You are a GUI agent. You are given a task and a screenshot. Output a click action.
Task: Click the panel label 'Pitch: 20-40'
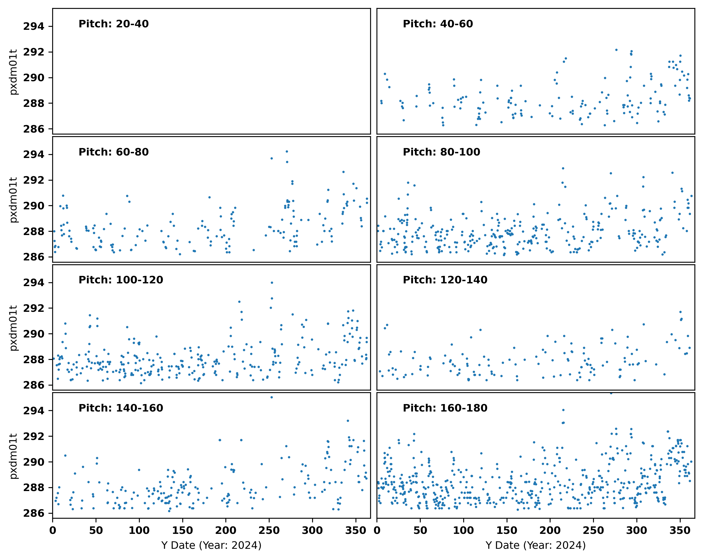114,24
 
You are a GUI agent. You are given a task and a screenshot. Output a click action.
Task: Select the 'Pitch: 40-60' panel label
438,24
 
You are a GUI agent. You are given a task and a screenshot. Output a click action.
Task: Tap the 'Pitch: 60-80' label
114,152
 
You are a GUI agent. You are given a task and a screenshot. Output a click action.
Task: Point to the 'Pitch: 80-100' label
441,152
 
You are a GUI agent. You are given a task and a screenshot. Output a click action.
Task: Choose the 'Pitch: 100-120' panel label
121,280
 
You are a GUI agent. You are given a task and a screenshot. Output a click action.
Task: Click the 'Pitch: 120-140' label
445,280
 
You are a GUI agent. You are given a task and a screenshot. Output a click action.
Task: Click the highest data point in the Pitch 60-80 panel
287,152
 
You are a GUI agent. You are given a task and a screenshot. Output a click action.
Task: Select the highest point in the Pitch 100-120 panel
272,283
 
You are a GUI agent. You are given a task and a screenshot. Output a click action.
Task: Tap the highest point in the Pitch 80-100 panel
563,168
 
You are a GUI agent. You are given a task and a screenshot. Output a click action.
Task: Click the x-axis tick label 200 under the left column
226,530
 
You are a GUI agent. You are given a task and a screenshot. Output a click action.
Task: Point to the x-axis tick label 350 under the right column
680,530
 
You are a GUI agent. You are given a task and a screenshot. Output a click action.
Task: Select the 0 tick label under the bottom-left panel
52,530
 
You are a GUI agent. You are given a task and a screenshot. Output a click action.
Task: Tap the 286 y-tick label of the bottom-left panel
34,513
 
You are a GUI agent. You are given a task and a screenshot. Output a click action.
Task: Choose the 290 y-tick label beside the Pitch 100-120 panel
34,334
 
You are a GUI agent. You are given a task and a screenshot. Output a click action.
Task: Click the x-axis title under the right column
535,545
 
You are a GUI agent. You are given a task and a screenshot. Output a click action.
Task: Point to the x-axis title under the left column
211,545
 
